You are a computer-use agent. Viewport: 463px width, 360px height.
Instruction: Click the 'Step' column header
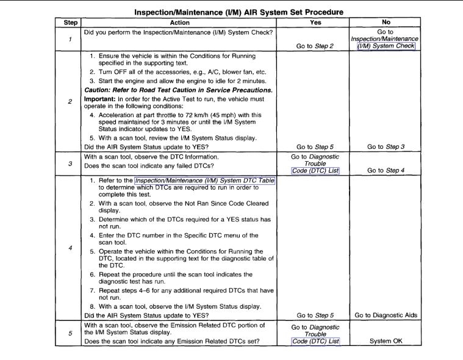click(68, 22)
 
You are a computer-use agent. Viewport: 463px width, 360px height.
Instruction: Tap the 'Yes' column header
click(314, 22)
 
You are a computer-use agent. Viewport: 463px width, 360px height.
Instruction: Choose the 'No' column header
click(386, 22)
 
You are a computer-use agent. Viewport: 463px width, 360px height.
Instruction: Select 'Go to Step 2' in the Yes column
click(314, 46)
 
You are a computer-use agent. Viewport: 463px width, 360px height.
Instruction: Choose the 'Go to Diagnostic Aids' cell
click(386, 315)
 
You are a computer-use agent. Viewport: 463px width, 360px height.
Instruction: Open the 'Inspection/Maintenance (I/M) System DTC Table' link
click(204, 181)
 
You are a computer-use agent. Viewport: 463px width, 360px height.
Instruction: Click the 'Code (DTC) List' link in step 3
click(314, 170)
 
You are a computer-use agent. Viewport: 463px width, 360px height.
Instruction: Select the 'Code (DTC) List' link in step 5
click(314, 341)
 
